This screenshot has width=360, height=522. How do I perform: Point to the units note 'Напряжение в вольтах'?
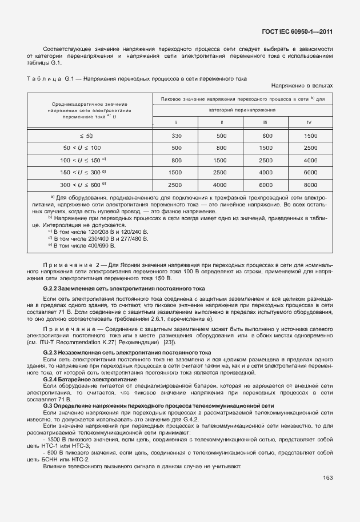(x=302, y=86)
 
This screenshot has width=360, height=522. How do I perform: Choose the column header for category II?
(x=221, y=122)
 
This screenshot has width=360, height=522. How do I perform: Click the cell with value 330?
(x=176, y=136)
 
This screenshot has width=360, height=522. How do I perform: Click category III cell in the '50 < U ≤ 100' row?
(x=266, y=148)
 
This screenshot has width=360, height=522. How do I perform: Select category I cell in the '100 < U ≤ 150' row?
(x=176, y=160)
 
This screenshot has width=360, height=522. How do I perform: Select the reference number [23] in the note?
(x=169, y=342)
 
